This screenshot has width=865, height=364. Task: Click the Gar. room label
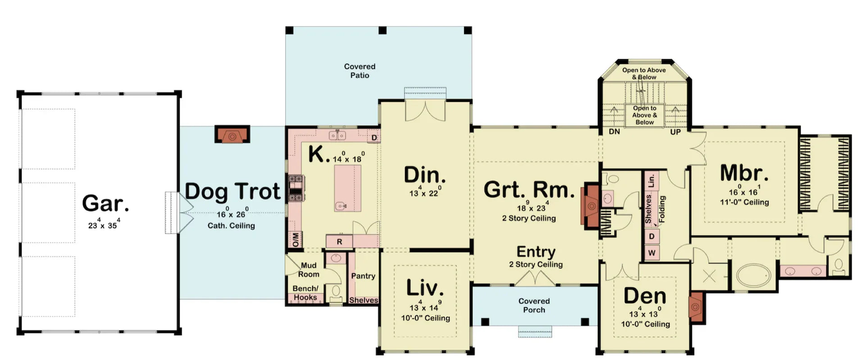pos(105,203)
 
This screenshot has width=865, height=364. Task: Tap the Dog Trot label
pos(232,191)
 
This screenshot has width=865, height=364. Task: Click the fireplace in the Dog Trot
pos(232,135)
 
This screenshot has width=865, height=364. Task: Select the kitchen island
pos(347,188)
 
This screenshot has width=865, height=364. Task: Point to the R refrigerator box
pos(339,242)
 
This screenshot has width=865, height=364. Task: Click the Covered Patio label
pos(360,71)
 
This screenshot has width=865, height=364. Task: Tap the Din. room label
pos(424,175)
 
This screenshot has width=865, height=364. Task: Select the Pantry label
pos(363,276)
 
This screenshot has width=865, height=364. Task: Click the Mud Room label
pos(309,270)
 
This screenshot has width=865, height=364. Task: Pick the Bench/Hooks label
pos(305,293)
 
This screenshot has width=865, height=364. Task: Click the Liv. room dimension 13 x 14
pos(425,307)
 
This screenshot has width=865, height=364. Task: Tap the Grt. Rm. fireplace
pos(591,206)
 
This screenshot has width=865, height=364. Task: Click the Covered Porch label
pos(534,305)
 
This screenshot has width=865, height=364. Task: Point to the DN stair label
pos(614,132)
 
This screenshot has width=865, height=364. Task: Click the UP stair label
pos(675,132)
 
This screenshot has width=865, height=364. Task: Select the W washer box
pos(651,253)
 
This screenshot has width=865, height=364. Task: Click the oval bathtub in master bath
pos(753,276)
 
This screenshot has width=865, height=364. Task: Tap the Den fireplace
pos(696,307)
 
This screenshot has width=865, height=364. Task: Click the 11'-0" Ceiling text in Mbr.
pos(744,202)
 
